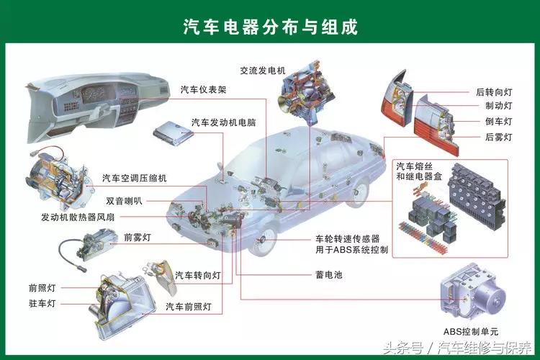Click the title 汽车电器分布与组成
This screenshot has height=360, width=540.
[270, 27]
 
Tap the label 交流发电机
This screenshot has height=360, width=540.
[263, 71]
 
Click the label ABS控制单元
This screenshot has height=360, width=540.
[471, 331]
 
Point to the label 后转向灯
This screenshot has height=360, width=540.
[494, 92]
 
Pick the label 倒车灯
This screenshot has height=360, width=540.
[498, 122]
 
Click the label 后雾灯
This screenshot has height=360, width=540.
[498, 137]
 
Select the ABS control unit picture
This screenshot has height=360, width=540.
[472, 295]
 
